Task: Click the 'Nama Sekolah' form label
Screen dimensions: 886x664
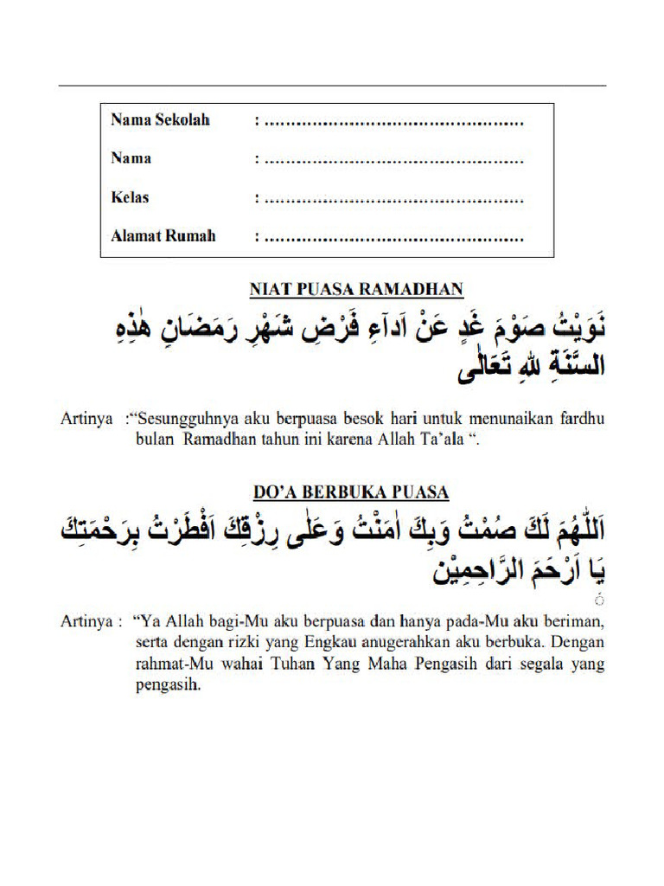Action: [x=160, y=119]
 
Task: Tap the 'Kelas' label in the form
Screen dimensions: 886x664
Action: [x=130, y=197]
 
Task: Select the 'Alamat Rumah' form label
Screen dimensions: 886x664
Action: [x=163, y=235]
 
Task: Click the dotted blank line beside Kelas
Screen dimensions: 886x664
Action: [x=393, y=199]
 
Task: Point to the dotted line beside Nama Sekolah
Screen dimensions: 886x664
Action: [x=393, y=122]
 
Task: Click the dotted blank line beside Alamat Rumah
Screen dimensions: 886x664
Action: [x=393, y=238]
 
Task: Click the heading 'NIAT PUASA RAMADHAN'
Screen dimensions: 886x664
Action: [x=356, y=290]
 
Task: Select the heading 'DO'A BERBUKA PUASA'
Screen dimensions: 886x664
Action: [x=350, y=492]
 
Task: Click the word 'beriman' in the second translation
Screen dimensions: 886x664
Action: [x=578, y=622]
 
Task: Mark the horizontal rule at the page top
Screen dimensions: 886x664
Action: [x=332, y=86]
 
